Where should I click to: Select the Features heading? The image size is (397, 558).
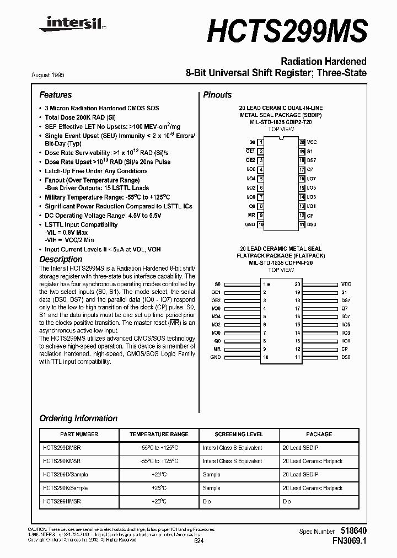[56, 95]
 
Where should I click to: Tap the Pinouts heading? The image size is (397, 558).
[217, 95]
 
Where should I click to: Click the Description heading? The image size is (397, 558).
[61, 259]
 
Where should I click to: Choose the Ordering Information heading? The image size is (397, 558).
[78, 418]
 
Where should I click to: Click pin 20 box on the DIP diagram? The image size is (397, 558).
[302, 142]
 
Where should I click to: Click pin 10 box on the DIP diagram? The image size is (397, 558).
[261, 225]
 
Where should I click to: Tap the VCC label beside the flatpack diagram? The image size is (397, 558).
[346, 284]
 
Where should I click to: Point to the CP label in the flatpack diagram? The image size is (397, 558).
[344, 348]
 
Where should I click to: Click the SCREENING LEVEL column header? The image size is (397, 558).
[239, 434]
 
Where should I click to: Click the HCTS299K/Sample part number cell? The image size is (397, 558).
[65, 488]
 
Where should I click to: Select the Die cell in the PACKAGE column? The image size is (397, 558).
[287, 501]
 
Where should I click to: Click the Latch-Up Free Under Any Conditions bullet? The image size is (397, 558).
[96, 171]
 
